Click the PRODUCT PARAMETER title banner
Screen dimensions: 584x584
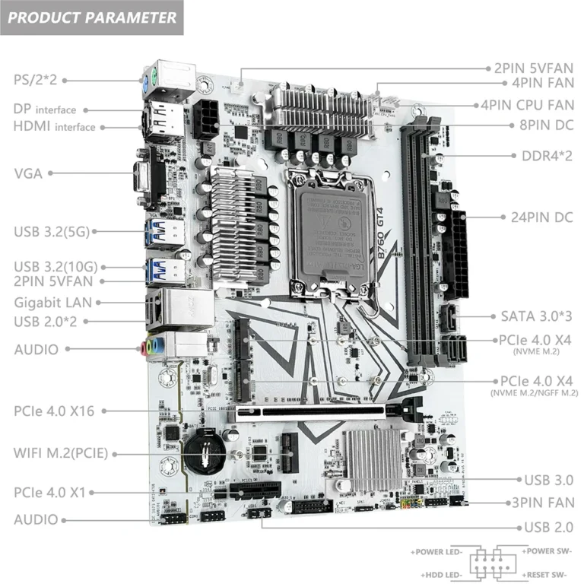coord(92,18)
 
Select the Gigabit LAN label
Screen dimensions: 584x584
coord(52,302)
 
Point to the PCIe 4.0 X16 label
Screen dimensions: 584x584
coord(54,411)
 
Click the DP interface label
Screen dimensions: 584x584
coord(45,109)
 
